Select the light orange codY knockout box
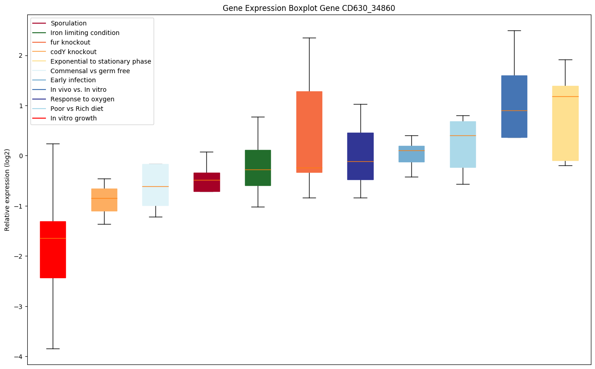coord(104,200)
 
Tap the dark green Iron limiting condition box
coord(258,168)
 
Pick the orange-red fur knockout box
coord(309,132)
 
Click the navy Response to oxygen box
coord(360,156)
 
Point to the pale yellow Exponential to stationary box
coord(565,123)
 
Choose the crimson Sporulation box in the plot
coord(206,182)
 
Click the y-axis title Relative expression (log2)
coord(7,190)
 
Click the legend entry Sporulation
coord(69,23)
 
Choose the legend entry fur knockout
coord(70,42)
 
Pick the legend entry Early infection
coord(73,80)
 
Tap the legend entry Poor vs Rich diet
coord(77,109)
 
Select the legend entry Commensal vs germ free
coord(90,71)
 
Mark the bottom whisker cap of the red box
coord(53,349)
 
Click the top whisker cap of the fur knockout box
coord(309,38)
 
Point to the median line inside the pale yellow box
coord(565,96)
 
